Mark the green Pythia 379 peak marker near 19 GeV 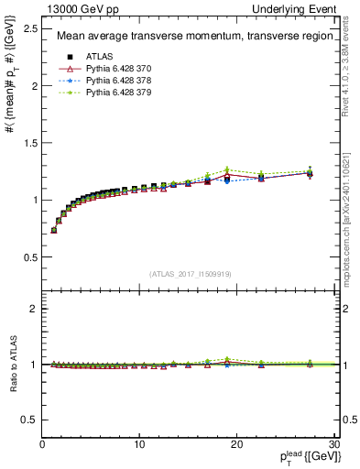[x=226, y=169]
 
